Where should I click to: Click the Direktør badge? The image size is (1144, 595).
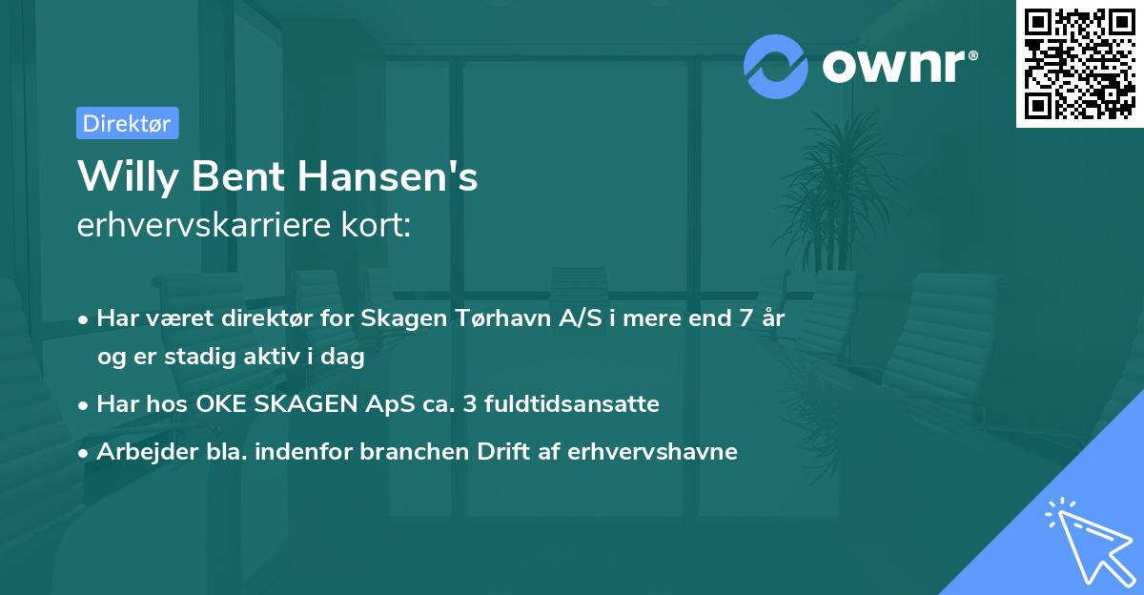[x=127, y=123]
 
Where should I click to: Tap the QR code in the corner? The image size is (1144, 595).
[x=1079, y=64]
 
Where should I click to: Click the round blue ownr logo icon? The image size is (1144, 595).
[x=775, y=67]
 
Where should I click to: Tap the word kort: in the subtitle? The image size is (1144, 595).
[x=378, y=225]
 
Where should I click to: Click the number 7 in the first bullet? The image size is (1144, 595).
[x=733, y=318]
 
